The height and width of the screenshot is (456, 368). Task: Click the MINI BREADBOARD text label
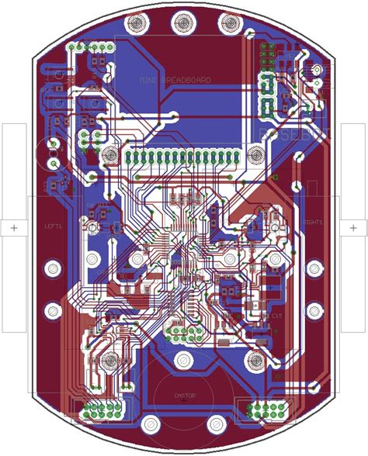tap(175, 80)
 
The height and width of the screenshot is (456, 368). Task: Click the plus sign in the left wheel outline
tap(13, 227)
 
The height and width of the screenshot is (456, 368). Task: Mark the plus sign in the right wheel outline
tap(355, 227)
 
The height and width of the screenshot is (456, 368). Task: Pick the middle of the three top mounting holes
tap(183, 22)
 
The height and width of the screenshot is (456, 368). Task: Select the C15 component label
tap(276, 316)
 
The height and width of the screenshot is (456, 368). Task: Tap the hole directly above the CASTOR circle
tap(184, 360)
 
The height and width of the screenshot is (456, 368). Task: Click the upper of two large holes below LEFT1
tap(53, 268)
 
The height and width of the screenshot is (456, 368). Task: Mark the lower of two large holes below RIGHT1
tap(314, 312)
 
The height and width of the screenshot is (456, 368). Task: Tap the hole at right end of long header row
tap(255, 156)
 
